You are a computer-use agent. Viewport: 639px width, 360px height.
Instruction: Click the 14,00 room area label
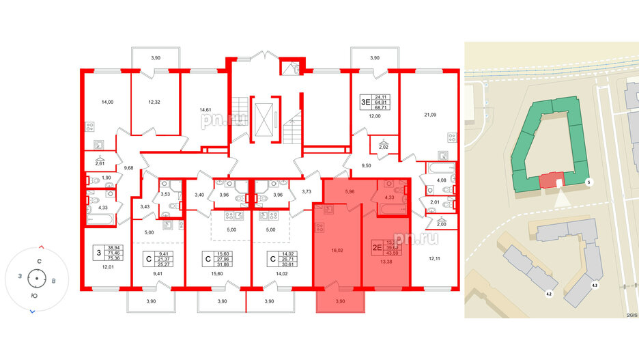point(106,102)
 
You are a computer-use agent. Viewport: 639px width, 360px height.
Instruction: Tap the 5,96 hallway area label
point(350,191)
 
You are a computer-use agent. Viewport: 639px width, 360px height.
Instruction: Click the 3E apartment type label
point(365,103)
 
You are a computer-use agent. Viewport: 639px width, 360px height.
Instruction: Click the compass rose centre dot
point(37,279)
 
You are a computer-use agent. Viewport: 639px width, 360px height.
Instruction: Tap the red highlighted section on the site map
point(548,180)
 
